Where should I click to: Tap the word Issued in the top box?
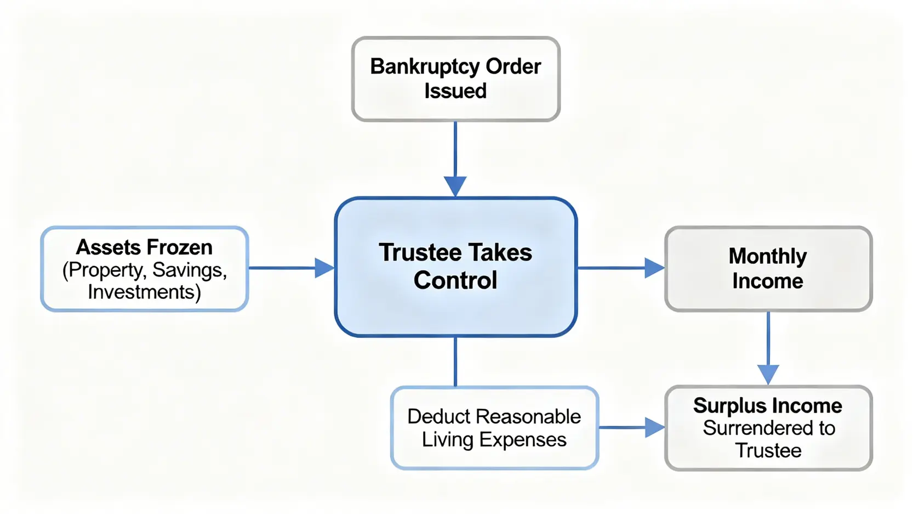455,91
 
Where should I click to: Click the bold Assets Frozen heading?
144,247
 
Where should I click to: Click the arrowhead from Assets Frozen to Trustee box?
325,268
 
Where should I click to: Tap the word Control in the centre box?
455,280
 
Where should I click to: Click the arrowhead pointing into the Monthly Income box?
654,268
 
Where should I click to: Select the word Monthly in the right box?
768,257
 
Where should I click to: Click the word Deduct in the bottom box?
438,417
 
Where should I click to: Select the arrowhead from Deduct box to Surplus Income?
655,427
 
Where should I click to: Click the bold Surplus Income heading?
768,406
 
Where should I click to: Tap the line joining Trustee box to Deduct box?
455,362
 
